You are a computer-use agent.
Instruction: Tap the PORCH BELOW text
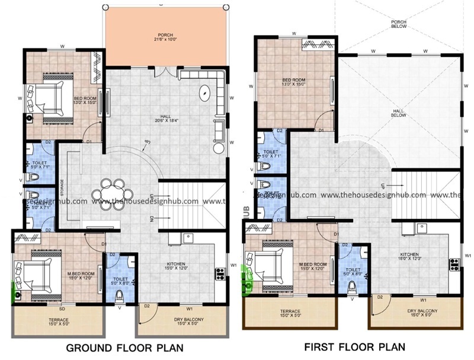[399, 24]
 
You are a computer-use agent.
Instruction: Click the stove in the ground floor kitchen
[220, 273]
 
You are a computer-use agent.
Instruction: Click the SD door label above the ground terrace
[63, 308]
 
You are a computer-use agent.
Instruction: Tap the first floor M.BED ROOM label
[313, 266]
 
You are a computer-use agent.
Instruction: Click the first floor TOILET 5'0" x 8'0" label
[352, 271]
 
